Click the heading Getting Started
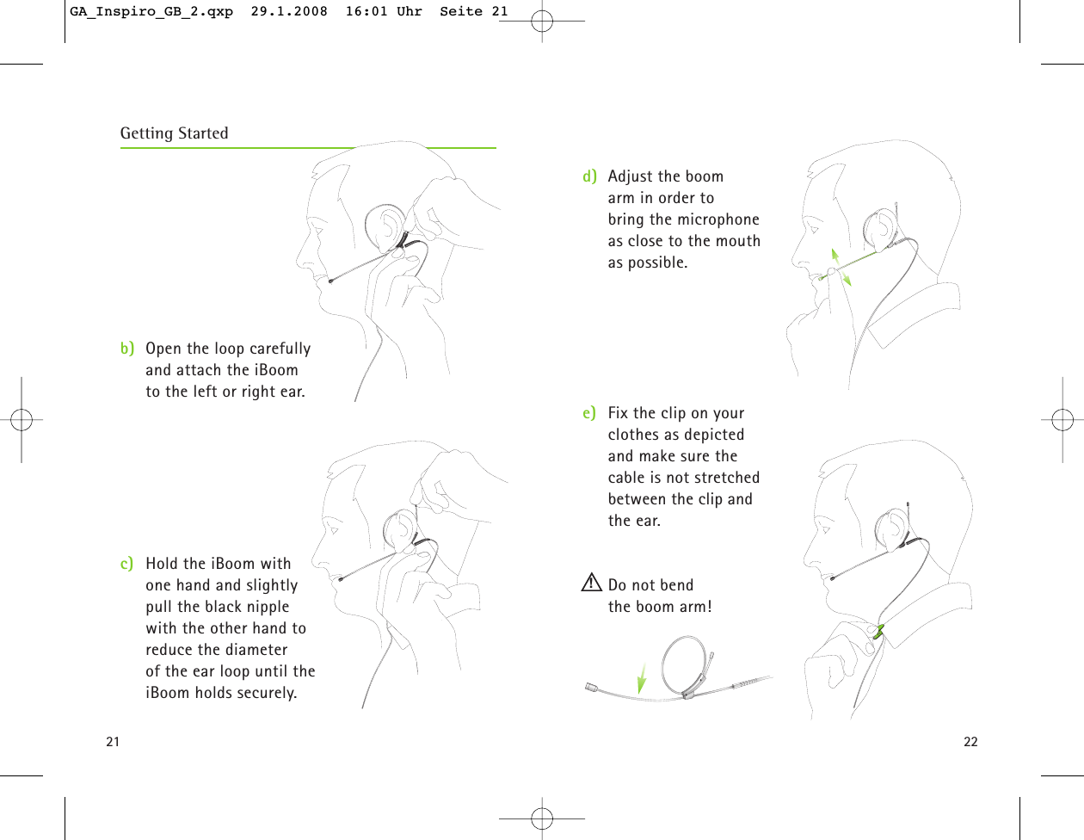point(174,133)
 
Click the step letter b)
point(127,349)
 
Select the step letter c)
point(127,564)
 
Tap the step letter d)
point(589,176)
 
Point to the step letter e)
point(589,413)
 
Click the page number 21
point(113,742)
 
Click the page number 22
point(970,742)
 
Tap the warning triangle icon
point(591,584)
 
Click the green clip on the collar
point(878,632)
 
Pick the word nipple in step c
point(268,607)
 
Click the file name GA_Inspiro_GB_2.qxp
point(151,12)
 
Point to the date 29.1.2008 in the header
point(289,12)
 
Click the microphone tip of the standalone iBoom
point(590,687)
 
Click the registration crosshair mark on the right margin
point(1062,420)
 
